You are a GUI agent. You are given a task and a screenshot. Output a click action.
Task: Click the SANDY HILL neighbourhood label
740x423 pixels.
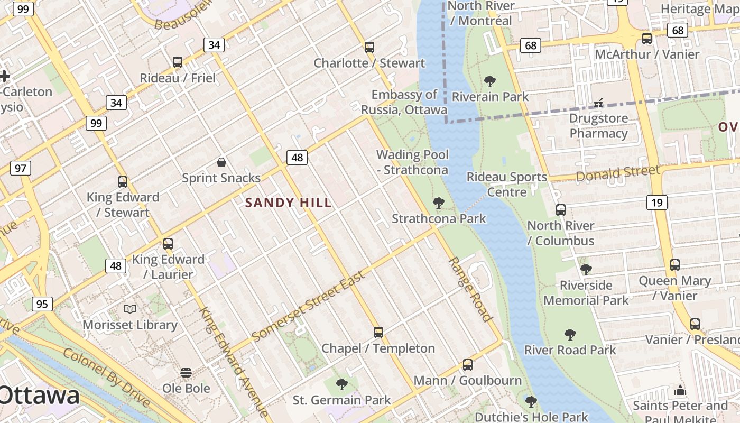click(x=289, y=203)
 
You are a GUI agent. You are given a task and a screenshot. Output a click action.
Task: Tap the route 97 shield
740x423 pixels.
click(x=21, y=169)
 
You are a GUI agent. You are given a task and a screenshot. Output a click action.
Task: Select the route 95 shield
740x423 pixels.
click(x=42, y=304)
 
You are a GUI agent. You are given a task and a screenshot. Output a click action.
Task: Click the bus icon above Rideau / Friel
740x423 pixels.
click(x=178, y=62)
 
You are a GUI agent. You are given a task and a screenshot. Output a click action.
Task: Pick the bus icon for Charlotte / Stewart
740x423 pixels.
click(x=369, y=48)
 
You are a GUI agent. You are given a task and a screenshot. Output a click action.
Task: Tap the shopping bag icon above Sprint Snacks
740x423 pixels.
click(x=221, y=162)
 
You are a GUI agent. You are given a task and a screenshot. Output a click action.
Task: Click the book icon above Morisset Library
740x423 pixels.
click(x=129, y=309)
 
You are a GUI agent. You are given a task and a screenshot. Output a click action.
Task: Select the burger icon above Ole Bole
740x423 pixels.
click(x=186, y=373)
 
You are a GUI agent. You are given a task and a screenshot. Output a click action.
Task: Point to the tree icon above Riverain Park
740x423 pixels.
click(x=490, y=81)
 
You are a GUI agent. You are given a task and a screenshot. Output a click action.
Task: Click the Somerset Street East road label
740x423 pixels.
click(x=308, y=307)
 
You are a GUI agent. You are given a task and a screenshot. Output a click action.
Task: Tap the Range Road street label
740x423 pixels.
click(x=470, y=289)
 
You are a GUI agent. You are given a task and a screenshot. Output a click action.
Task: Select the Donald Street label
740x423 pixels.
click(x=618, y=173)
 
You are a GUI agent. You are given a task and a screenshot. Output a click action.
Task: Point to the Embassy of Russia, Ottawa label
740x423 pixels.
click(x=404, y=102)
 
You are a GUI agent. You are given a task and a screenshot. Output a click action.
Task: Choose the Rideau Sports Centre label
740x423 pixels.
click(x=507, y=185)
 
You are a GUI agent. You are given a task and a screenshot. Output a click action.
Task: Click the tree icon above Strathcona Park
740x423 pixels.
click(x=438, y=203)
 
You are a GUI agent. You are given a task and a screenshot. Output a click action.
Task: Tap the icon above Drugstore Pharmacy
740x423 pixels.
click(x=598, y=103)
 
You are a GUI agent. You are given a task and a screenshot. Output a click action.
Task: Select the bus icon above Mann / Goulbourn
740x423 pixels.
click(x=467, y=365)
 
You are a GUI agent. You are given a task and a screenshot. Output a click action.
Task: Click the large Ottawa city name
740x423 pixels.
click(x=40, y=396)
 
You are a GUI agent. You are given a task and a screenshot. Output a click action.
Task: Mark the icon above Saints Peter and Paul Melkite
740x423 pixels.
click(x=680, y=391)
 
